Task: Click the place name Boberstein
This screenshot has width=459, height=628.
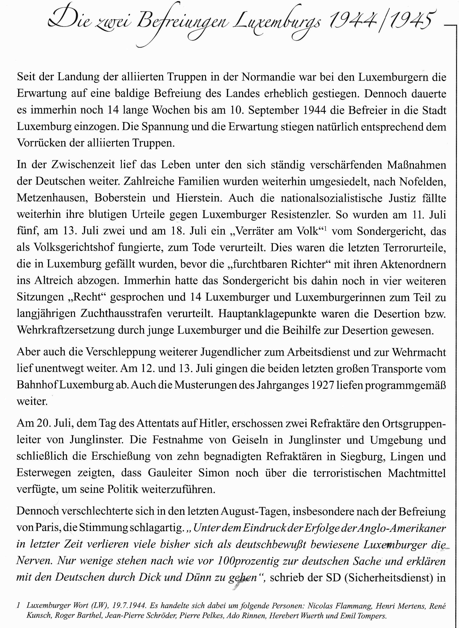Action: click(120, 198)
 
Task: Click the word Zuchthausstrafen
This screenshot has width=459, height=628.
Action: click(121, 314)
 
